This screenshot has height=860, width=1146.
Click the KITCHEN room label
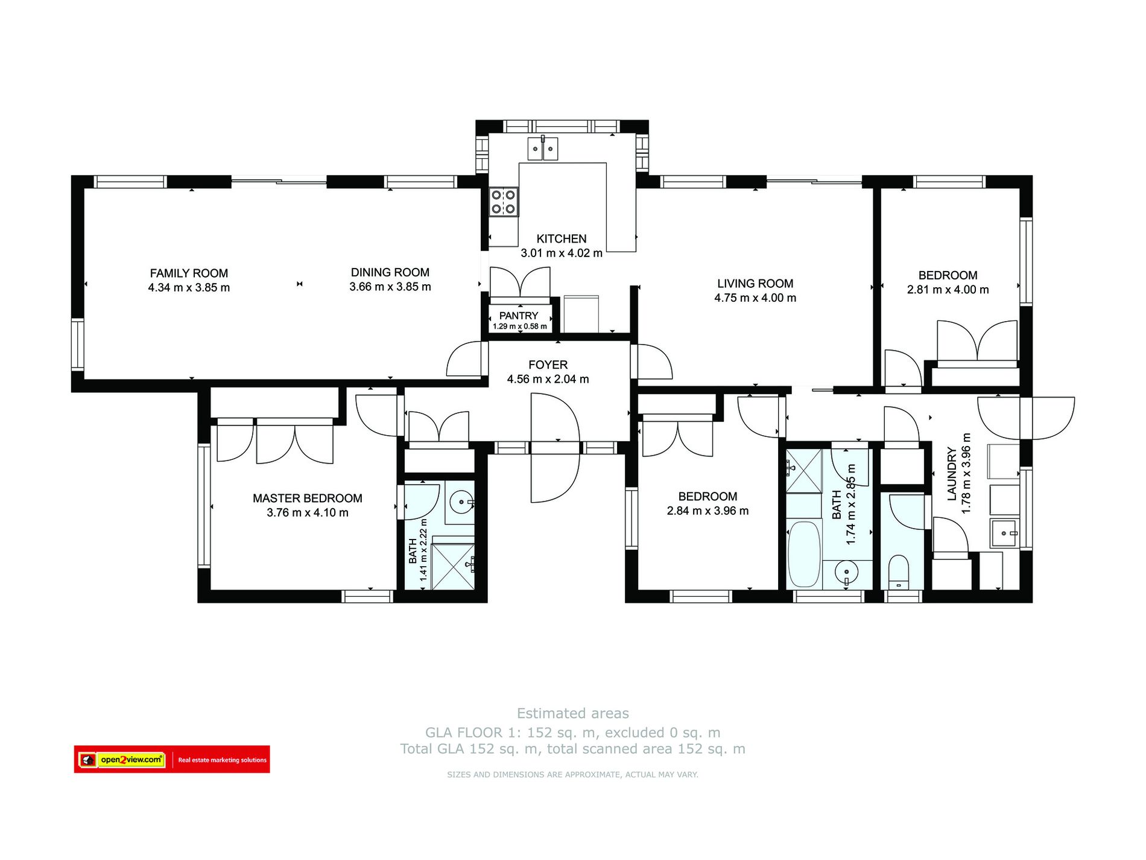tap(561, 239)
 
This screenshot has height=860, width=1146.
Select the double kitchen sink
tap(543, 148)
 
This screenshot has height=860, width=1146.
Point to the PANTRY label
tap(518, 316)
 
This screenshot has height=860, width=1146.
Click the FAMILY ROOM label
tap(189, 273)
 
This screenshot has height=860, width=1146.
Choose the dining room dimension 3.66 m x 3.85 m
tap(390, 287)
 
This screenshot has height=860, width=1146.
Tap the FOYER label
tap(548, 365)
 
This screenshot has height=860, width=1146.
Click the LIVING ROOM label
tap(755, 284)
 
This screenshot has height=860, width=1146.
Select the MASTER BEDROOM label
tap(308, 498)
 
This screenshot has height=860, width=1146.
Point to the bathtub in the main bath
tap(804, 554)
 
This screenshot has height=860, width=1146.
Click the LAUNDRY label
tap(952, 474)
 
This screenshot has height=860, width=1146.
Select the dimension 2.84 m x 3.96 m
tap(708, 511)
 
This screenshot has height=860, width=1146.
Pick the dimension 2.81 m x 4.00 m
tap(948, 290)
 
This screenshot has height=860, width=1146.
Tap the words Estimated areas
tap(573, 713)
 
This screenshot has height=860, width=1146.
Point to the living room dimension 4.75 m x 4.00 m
tap(755, 298)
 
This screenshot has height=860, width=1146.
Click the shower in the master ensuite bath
tap(454, 566)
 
